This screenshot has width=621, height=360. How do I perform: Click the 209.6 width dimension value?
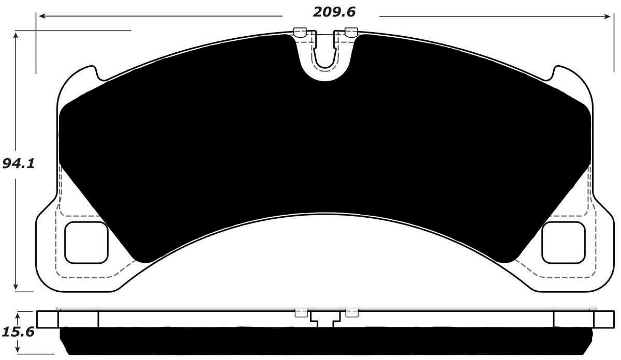334,11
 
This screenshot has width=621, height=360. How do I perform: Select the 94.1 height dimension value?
18,164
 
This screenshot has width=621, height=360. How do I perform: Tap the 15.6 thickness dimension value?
19,331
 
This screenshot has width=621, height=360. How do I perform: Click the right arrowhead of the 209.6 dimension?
608,17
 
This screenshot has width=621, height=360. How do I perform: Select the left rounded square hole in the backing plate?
85,242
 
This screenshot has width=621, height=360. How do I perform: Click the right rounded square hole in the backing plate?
563,242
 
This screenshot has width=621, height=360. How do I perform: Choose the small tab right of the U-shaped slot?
350,32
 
